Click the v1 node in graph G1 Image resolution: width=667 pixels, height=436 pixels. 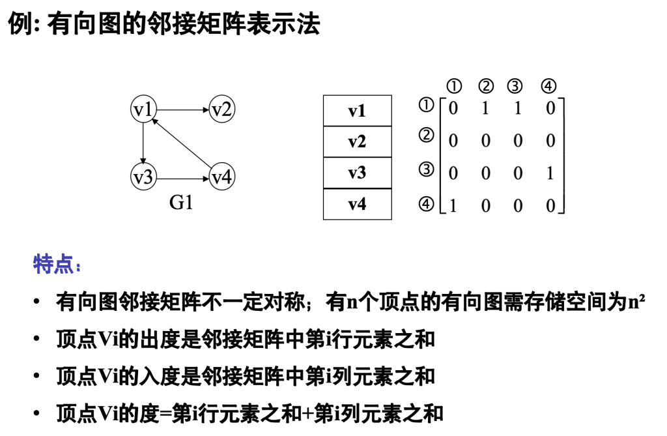[x=143, y=109]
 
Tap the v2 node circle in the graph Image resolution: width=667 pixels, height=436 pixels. [x=222, y=109]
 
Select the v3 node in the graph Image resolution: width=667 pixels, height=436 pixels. [x=143, y=177]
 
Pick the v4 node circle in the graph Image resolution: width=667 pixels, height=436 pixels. [x=222, y=177]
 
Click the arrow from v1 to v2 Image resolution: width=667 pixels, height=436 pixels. [x=182, y=109]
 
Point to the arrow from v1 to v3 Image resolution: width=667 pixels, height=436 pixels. [x=143, y=143]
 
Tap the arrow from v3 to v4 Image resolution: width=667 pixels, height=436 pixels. [x=182, y=177]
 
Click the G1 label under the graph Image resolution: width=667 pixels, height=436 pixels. [x=181, y=203]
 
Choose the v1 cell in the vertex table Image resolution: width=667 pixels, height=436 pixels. [x=357, y=111]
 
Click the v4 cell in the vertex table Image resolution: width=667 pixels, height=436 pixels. [x=357, y=204]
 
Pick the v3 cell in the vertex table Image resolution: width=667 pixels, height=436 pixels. [x=357, y=173]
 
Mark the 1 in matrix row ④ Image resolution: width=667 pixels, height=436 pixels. [x=453, y=206]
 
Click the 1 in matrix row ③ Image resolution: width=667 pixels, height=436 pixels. [x=550, y=173]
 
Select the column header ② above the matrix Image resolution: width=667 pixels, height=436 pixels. [x=486, y=86]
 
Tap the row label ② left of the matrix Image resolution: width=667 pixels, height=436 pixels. [x=426, y=136]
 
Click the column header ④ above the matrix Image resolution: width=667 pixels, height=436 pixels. [x=549, y=86]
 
